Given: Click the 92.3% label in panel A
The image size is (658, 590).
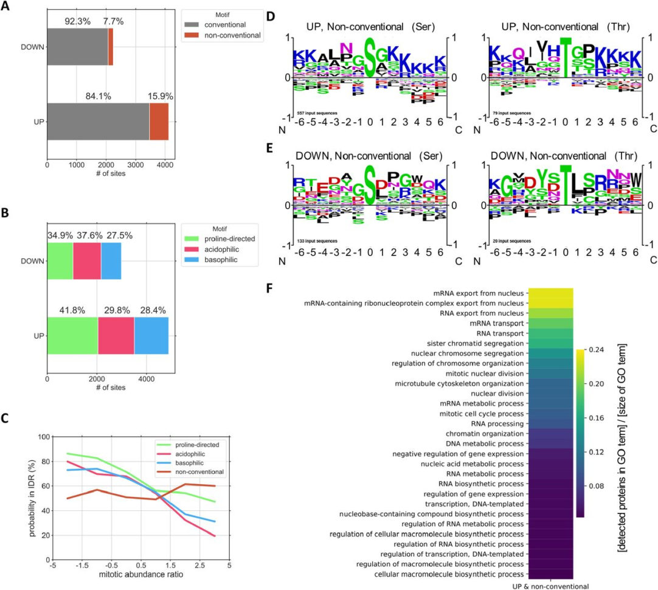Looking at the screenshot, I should pos(77,21).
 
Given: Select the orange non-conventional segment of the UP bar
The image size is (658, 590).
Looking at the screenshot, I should pos(159,122).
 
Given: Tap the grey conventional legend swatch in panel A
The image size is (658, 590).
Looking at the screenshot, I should pos(196,25).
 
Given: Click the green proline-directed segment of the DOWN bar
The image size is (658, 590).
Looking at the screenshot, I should pos(60,261).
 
